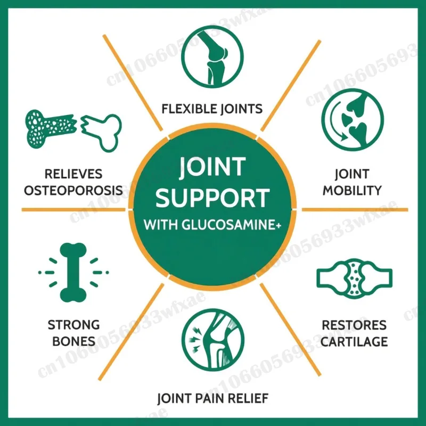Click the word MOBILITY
(x=352, y=190)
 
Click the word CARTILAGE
(x=354, y=341)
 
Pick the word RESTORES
(x=354, y=325)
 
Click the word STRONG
(x=73, y=325)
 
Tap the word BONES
(x=73, y=341)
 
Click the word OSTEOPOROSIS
(x=73, y=190)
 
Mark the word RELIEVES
(x=73, y=174)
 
